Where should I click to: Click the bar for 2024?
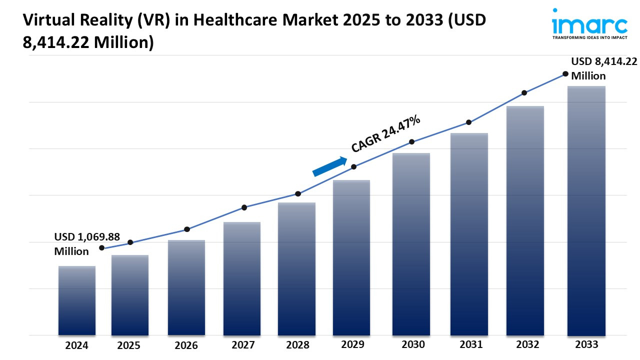click(77, 300)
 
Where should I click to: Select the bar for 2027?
click(242, 278)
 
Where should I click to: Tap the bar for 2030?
click(411, 244)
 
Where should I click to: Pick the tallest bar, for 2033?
click(586, 210)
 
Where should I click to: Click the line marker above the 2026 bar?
click(187, 229)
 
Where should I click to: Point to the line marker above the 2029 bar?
click(353, 167)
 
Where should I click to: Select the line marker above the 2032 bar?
click(524, 93)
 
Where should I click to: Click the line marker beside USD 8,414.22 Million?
click(565, 74)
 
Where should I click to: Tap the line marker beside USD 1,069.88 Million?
click(102, 248)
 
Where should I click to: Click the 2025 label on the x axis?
click(129, 345)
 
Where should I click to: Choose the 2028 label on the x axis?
click(297, 345)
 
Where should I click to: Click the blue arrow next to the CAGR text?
click(330, 166)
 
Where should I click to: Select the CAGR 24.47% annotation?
click(385, 133)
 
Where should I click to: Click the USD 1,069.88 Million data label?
click(86, 244)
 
